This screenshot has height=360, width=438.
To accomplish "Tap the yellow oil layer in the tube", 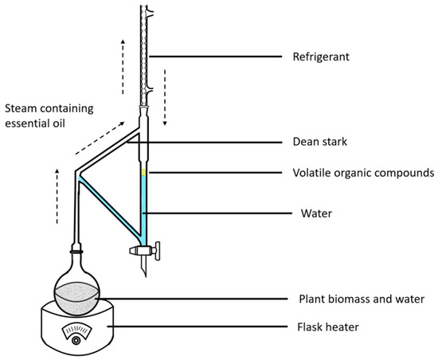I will coord(143,173).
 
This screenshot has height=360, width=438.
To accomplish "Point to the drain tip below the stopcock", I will coord(143,271).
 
